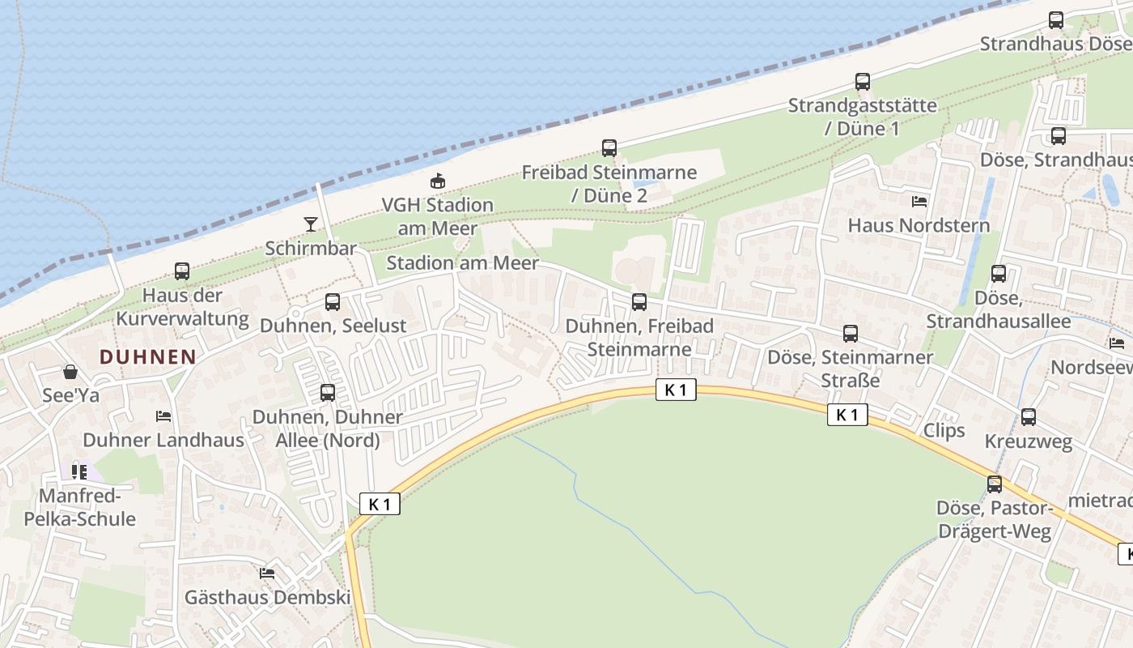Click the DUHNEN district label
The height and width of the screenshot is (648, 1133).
click(148, 356)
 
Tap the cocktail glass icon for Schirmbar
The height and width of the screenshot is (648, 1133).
click(311, 224)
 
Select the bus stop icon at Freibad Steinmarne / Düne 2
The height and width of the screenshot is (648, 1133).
click(609, 148)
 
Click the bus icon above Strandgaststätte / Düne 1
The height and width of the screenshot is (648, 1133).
click(863, 82)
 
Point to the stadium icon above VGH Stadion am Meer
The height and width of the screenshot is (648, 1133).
click(438, 181)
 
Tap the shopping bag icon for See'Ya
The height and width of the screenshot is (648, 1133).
click(70, 372)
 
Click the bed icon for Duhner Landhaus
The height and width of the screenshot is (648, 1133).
click(163, 416)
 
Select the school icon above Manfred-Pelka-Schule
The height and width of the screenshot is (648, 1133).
click(79, 471)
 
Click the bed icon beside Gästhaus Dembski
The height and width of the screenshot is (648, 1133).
click(267, 573)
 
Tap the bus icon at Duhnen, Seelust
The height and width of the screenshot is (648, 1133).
click(333, 302)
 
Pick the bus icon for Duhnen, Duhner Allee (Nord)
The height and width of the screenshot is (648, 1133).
click(328, 393)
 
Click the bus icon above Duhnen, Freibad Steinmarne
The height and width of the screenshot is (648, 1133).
click(639, 302)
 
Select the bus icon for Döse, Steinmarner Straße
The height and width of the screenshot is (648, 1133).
click(851, 333)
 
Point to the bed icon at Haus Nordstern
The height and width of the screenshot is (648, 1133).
click(919, 201)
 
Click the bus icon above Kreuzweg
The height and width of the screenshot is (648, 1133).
click(1029, 417)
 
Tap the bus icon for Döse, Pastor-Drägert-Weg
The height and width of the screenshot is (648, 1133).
click(995, 484)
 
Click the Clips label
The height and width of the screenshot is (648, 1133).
click(944, 430)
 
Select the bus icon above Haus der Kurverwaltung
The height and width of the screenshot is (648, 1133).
click(182, 271)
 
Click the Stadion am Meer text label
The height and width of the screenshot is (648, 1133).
click(462, 263)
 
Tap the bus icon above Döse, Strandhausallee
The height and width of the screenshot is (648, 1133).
click(999, 274)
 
